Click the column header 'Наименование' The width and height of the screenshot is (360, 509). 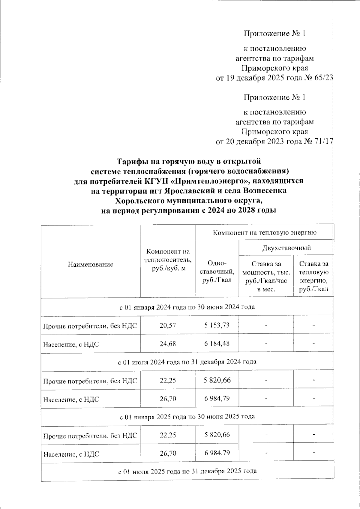point(91,264)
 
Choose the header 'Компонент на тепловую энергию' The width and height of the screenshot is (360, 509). point(265,232)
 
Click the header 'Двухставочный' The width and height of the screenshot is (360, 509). point(286,248)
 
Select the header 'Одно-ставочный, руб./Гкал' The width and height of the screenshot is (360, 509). point(217,272)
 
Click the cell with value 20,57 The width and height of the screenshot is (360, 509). point(168,325)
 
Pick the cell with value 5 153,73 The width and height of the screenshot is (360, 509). point(217,325)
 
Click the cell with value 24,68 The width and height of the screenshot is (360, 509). point(168,344)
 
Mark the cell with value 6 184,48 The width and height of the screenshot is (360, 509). point(217,344)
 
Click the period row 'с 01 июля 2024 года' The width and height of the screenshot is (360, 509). point(187,362)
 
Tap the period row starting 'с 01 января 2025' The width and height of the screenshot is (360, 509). point(187,416)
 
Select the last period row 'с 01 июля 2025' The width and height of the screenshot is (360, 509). point(187,471)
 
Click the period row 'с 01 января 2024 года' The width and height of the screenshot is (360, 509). point(187,307)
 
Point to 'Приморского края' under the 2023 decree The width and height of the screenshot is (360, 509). point(274,132)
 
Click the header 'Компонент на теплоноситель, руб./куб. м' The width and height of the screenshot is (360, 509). point(168,260)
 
